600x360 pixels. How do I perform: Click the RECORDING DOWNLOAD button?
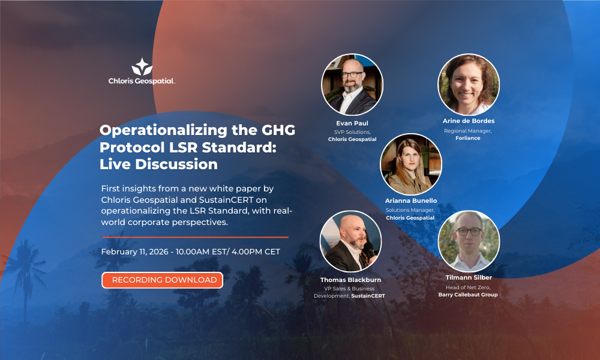coord(162,280)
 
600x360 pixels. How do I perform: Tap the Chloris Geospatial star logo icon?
coord(142,66)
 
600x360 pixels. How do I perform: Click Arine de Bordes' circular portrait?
coord(469,85)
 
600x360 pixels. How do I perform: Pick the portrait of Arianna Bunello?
coord(411,164)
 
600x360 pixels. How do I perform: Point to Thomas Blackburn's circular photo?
coord(350,241)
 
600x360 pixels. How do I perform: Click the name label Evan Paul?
coord(352,123)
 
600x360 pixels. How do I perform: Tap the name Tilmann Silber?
coord(468,279)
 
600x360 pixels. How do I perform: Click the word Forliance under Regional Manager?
coord(469,138)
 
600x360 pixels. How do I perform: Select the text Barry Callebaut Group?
coord(468,295)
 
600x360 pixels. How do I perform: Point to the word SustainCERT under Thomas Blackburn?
coord(368,296)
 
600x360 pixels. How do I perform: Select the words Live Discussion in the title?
coord(158,163)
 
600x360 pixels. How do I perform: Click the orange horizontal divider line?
coord(194,237)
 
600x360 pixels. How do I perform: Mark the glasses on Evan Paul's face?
coord(352,74)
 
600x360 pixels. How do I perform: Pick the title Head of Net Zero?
coord(468,287)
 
